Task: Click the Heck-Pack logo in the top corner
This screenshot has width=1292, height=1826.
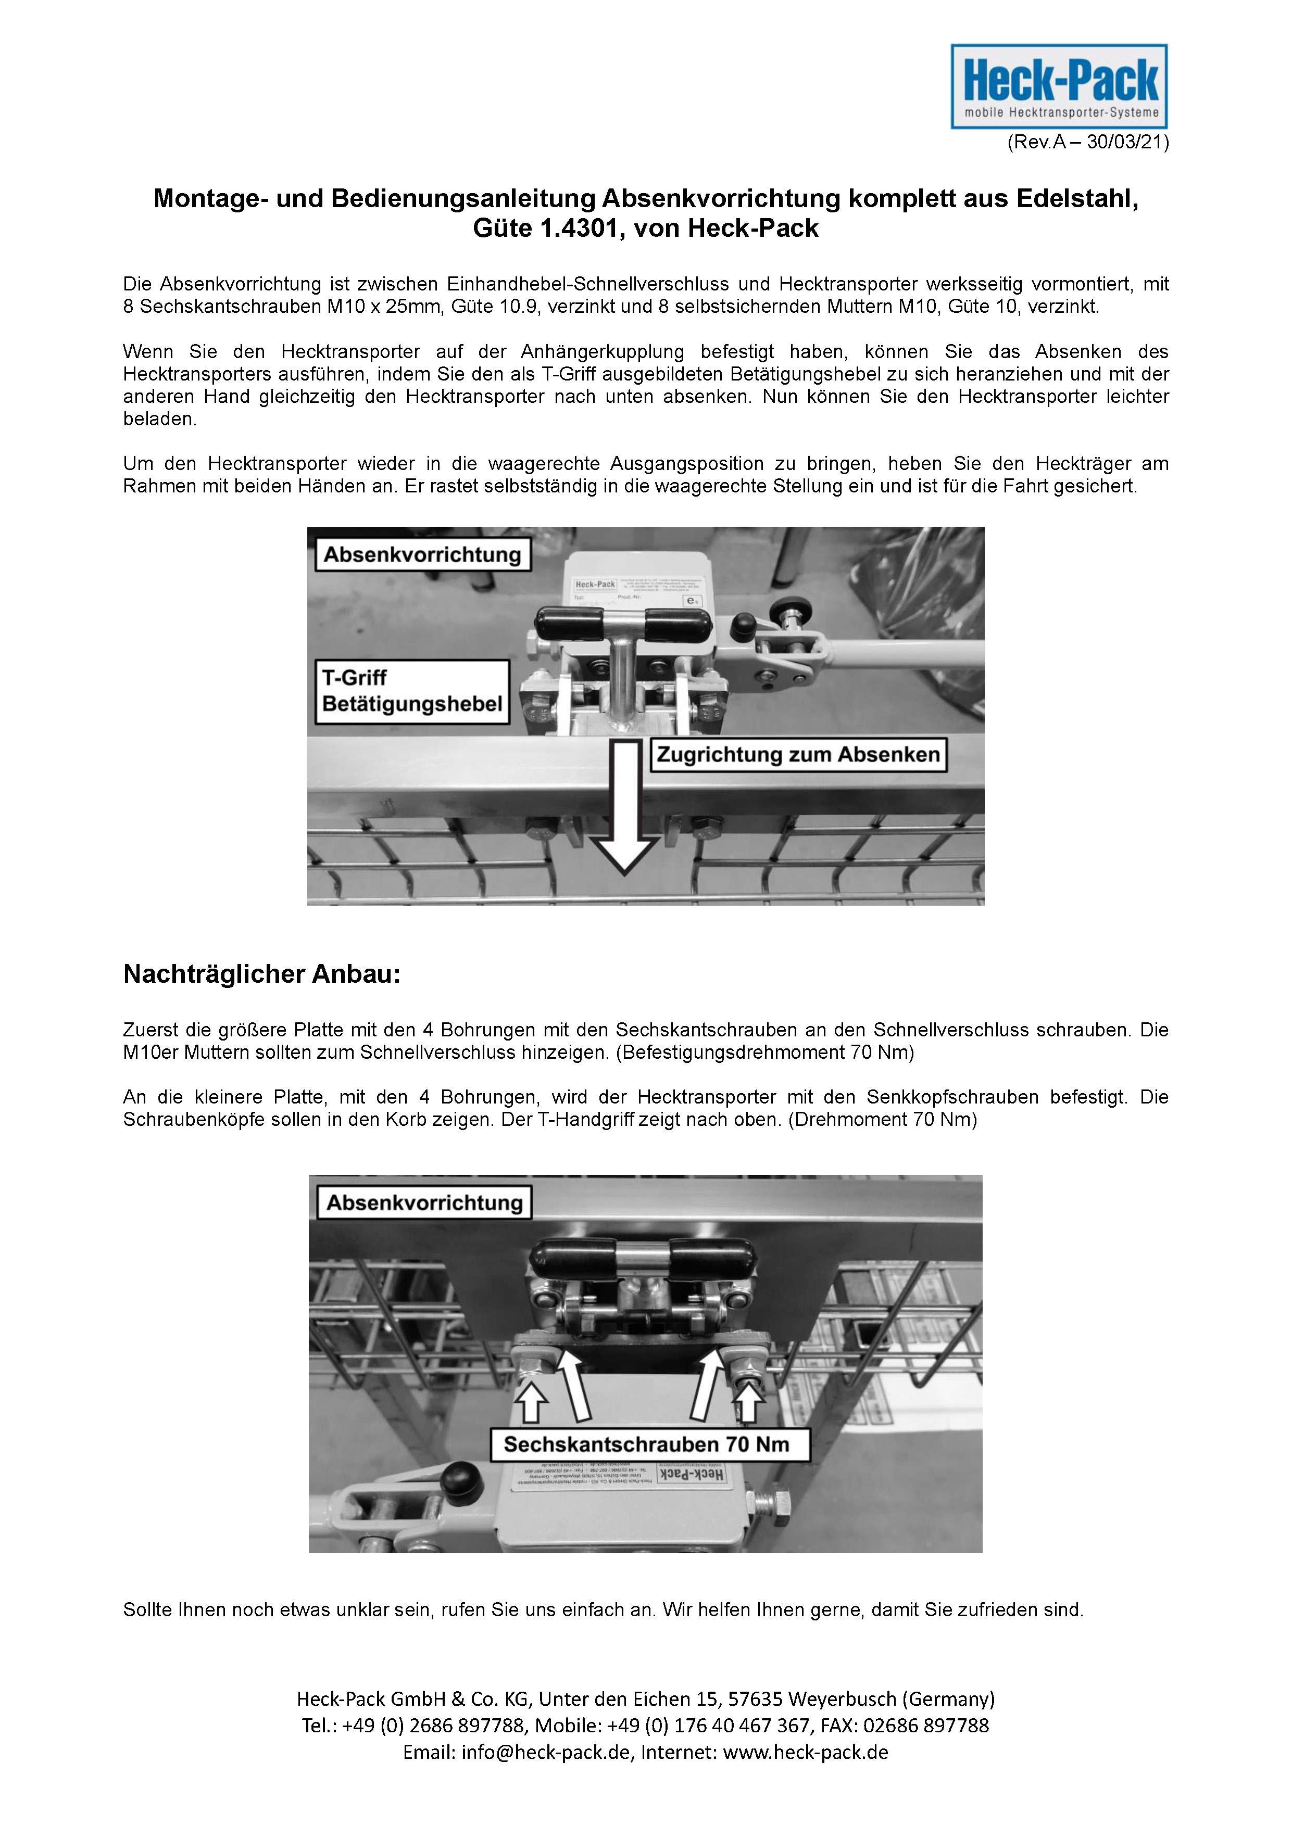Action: [x=1059, y=86]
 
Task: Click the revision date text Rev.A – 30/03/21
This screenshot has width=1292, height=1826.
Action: [x=1087, y=143]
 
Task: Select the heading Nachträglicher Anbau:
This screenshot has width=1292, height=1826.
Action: [x=262, y=974]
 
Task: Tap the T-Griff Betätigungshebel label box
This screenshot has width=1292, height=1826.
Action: [x=412, y=691]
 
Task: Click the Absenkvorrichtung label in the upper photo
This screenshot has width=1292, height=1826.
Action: [x=422, y=554]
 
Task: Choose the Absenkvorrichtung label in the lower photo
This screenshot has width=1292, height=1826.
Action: [x=424, y=1202]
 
